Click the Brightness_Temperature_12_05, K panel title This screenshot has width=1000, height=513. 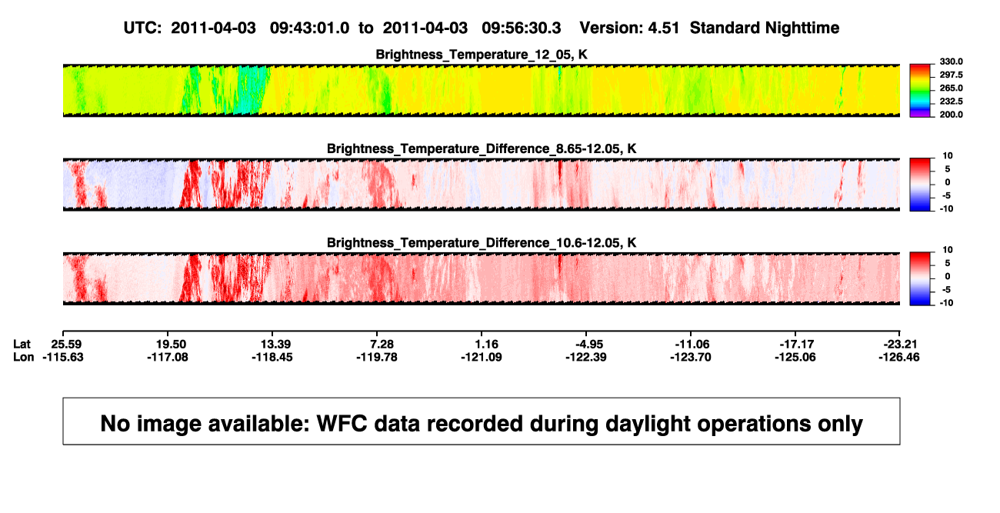482,55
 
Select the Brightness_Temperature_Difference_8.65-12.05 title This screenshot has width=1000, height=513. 482,148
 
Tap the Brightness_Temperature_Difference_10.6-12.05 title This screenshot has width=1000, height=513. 482,243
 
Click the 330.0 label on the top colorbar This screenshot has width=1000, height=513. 951,62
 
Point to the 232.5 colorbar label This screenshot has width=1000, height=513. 951,102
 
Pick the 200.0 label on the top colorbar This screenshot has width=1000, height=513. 951,115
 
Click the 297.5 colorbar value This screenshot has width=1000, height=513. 951,75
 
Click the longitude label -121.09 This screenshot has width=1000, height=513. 482,357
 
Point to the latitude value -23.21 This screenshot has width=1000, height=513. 899,345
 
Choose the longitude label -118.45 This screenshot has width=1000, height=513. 272,357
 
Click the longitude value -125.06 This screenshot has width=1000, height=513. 795,357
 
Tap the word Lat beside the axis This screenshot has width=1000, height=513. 22,345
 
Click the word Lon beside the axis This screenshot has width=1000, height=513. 23,357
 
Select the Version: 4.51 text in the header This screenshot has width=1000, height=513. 629,28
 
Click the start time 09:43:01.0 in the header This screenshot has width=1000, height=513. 309,28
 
